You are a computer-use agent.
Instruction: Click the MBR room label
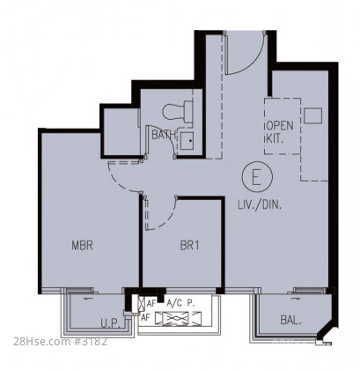click(x=83, y=245)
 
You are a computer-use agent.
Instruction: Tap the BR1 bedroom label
click(x=189, y=246)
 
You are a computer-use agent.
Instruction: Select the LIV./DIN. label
click(x=260, y=204)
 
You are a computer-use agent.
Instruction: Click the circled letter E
click(x=257, y=177)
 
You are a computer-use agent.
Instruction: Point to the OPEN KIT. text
click(x=279, y=132)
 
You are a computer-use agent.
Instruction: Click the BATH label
click(x=164, y=135)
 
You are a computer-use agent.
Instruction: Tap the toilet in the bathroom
click(x=178, y=111)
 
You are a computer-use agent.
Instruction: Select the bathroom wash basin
click(x=187, y=141)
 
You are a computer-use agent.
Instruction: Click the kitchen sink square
click(x=313, y=115)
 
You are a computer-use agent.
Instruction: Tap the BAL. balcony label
click(x=290, y=320)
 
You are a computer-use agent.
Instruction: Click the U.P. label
click(x=110, y=323)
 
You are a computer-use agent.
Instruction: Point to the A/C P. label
click(x=180, y=303)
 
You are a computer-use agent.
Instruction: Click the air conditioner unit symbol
click(x=178, y=318)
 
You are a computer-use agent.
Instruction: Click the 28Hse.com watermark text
click(x=61, y=342)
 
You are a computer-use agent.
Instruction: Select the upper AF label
click(x=151, y=304)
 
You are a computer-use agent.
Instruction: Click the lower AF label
click(x=145, y=317)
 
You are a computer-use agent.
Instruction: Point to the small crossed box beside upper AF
click(x=142, y=302)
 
